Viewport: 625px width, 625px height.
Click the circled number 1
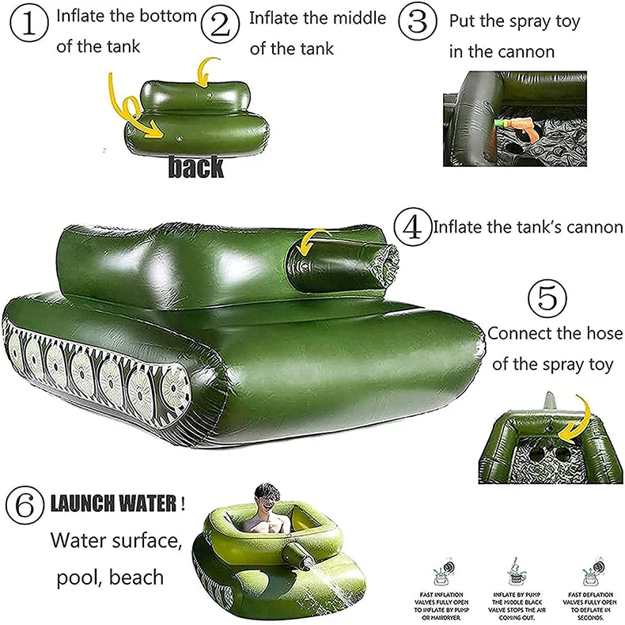pyautogui.click(x=28, y=25)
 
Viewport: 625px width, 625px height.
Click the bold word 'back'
pyautogui.click(x=195, y=166)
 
